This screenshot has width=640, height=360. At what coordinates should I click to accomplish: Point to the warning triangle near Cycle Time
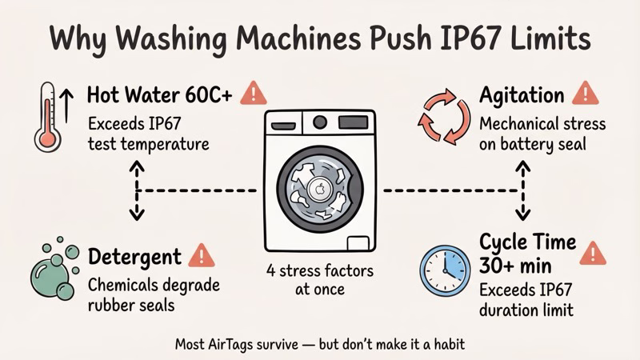point(592,254)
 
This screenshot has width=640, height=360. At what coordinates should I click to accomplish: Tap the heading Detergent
point(134,257)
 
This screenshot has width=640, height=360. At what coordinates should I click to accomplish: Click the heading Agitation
point(522,95)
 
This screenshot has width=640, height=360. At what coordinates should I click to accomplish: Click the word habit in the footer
point(446,346)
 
